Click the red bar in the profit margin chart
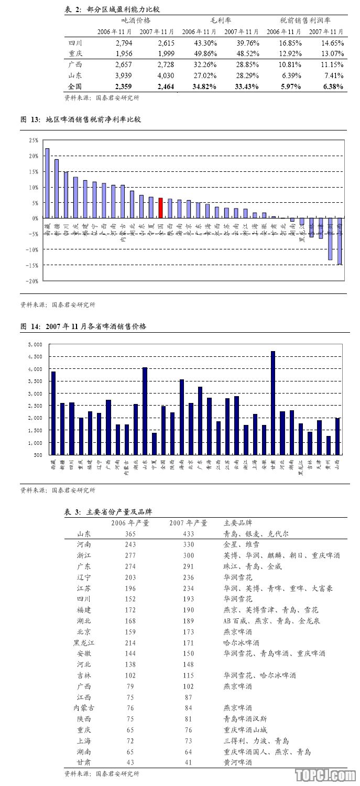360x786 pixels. pos(161,208)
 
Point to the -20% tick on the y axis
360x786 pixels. pos(33,281)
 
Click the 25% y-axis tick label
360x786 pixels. pos(34,140)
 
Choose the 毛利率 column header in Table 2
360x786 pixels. pos(220,20)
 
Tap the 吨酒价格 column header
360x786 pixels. pos(136,20)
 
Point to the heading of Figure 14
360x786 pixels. pos(84,326)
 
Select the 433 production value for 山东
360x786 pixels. pos(188,534)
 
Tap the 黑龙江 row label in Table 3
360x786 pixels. pos(83,642)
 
